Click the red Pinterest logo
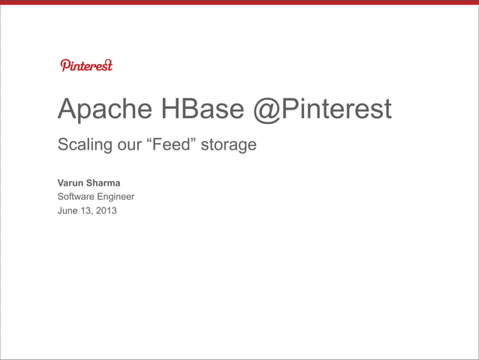(x=86, y=65)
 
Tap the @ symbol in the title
(x=267, y=110)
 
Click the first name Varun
(x=71, y=183)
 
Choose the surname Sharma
(x=104, y=183)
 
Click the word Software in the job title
(x=80, y=197)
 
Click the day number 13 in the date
(x=88, y=210)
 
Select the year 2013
(x=107, y=210)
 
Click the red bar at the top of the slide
(x=239, y=2)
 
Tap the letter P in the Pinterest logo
(x=64, y=65)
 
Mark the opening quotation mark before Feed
(x=149, y=140)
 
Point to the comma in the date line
(x=94, y=213)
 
